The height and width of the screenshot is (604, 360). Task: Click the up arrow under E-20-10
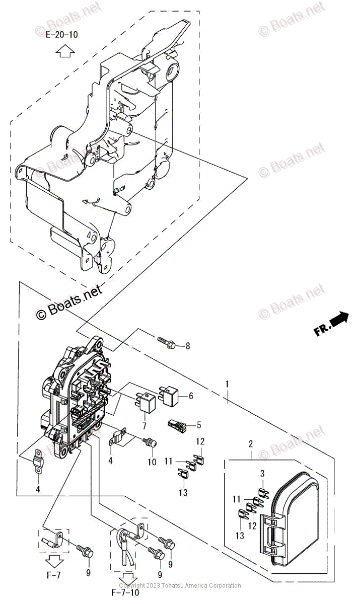point(63,51)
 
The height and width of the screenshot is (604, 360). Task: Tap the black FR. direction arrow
point(340,318)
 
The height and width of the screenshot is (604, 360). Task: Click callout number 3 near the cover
point(262,473)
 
